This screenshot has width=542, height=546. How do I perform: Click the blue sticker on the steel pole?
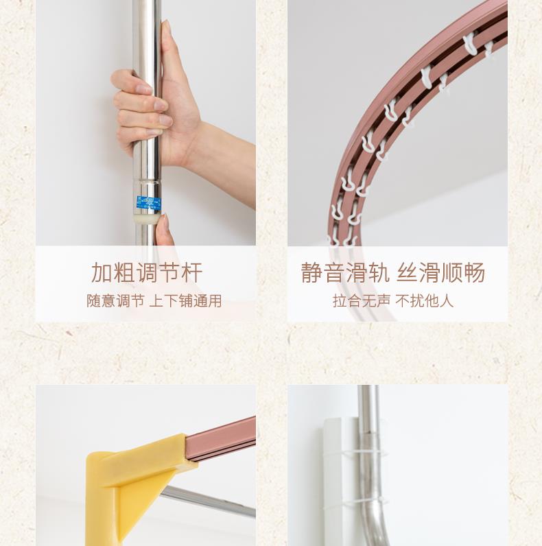pos(149,203)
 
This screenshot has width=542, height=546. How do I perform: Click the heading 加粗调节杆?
pos(146,272)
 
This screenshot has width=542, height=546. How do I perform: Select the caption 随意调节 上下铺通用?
pos(154,301)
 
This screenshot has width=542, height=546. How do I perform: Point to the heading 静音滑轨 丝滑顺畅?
pos(393,272)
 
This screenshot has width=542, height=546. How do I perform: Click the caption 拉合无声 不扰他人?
pos(393,301)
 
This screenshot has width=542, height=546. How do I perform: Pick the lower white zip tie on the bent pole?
pos(366,502)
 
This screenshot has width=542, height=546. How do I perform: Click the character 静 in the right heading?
pos(311,272)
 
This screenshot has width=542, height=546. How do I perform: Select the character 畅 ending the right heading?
pos(475,272)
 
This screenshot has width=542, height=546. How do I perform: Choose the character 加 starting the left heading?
pos(102,272)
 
